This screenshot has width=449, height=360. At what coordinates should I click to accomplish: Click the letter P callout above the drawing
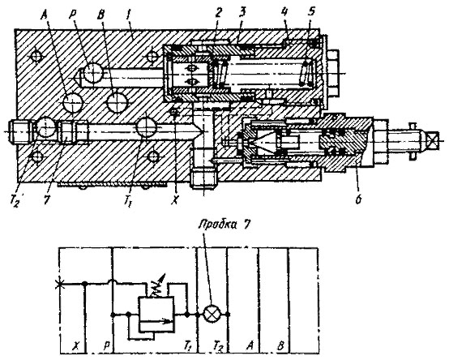pyautogui.click(x=71, y=15)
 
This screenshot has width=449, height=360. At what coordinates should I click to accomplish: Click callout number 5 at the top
pyautogui.click(x=311, y=12)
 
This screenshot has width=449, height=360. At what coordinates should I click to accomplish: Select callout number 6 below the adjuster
pyautogui.click(x=358, y=199)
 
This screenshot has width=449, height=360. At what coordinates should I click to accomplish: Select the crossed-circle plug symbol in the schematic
pyautogui.click(x=212, y=315)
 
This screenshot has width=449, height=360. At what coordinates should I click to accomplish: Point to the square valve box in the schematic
pyautogui.click(x=156, y=315)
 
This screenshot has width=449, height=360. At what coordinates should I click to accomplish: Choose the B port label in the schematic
pyautogui.click(x=280, y=345)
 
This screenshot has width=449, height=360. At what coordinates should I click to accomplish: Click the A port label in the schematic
pyautogui.click(x=250, y=345)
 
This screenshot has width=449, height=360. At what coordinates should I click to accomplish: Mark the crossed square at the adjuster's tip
pyautogui.click(x=433, y=139)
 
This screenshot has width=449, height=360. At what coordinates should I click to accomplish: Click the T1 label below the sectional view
pyautogui.click(x=128, y=202)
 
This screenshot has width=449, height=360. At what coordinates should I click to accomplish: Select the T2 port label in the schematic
pyautogui.click(x=218, y=346)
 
